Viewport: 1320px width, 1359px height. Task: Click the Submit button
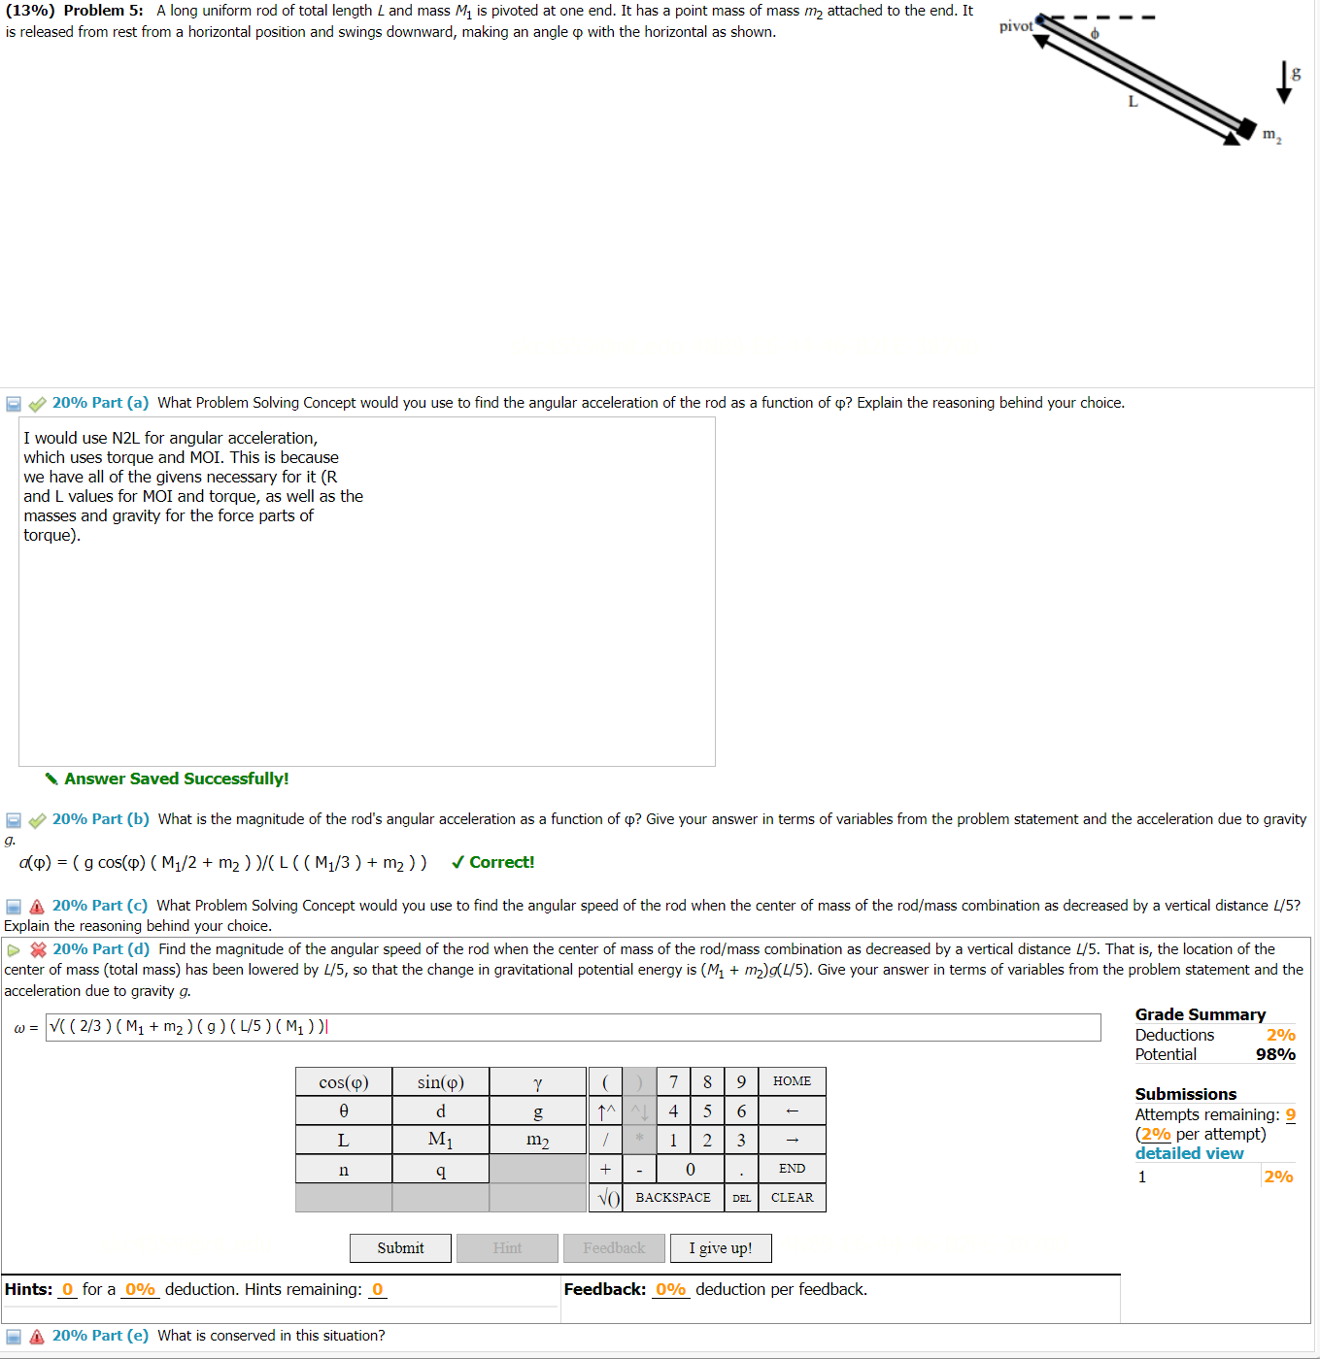coord(400,1248)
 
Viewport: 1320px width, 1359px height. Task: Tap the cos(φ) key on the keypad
coord(344,1082)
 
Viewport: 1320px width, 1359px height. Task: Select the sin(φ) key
coord(440,1082)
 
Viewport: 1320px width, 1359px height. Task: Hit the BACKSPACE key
coord(673,1198)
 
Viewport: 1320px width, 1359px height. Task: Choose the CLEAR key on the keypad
coord(792,1198)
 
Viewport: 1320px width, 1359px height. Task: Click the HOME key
coord(792,1081)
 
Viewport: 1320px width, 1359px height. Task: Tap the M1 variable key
coord(440,1140)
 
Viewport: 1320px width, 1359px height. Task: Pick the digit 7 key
coord(673,1082)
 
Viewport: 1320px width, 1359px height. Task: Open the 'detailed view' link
coord(1189,1153)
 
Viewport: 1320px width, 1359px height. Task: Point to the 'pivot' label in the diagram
coord(1016,26)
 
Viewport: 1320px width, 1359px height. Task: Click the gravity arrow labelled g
coord(1285,83)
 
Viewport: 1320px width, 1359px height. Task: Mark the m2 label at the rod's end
coord(1271,135)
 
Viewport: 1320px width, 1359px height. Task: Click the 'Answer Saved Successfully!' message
coord(176,779)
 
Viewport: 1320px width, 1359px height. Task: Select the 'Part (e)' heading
coord(100,1336)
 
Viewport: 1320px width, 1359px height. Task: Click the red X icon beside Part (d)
coord(39,949)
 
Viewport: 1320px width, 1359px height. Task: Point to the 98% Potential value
coord(1275,1054)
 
